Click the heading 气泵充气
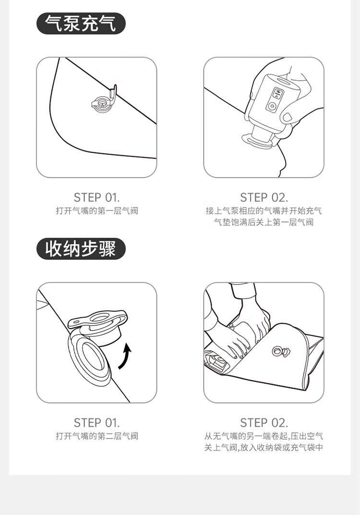81,24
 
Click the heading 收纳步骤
81,249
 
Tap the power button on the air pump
271,107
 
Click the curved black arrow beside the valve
125,356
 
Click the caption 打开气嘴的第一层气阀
97,210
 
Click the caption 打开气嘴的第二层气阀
97,436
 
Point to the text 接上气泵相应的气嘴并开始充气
264,210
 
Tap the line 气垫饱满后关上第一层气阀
264,222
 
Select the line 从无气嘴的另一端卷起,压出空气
264,436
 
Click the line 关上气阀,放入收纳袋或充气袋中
264,447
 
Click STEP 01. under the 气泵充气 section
97,197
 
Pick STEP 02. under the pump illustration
264,197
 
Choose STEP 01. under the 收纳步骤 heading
97,423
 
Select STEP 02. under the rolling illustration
264,423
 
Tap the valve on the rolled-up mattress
281,352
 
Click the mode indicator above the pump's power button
276,93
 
